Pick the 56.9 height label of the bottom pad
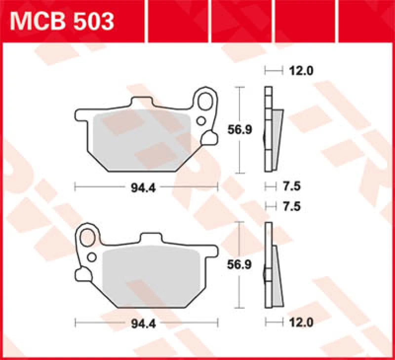pyautogui.click(x=239, y=264)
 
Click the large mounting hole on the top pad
pyautogui.click(x=206, y=102)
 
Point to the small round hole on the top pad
pyautogui.click(x=201, y=120)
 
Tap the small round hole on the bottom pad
pyautogui.click(x=91, y=256)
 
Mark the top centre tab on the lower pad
pyautogui.click(x=152, y=238)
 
